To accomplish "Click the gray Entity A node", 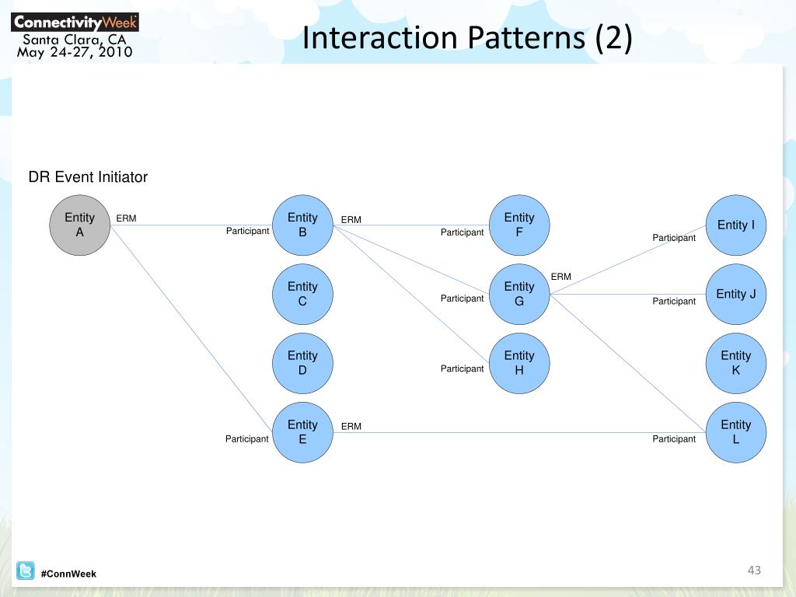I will (x=79, y=225).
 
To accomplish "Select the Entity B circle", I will (x=302, y=225).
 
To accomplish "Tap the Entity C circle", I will (x=302, y=294).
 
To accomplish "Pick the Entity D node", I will (x=302, y=363).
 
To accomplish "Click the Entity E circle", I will (x=302, y=432).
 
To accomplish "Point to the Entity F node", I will (x=519, y=225).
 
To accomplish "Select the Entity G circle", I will (x=519, y=294).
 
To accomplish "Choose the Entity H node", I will (x=519, y=363).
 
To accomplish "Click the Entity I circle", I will (x=735, y=225).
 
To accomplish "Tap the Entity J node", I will (x=735, y=294).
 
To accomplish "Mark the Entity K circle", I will (x=735, y=363).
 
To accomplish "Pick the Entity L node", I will (x=735, y=432).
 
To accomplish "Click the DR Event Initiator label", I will (x=88, y=177).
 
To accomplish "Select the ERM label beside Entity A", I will (x=126, y=218).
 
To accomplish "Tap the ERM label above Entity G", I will (x=560, y=277).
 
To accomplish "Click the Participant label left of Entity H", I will (x=462, y=368).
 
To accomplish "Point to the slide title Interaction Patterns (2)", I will (x=467, y=38).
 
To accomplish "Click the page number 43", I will (x=753, y=571).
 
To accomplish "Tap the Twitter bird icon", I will (x=26, y=571).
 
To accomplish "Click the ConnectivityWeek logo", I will (x=75, y=22).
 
